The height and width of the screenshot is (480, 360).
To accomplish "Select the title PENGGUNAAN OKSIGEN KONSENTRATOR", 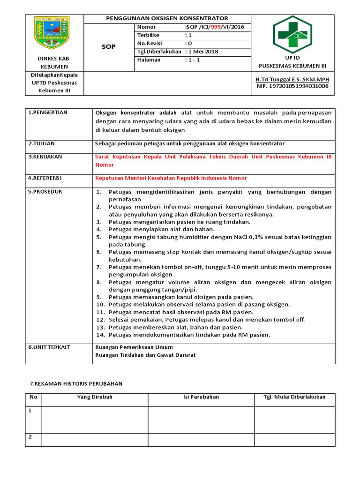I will pyautogui.click(x=167, y=18).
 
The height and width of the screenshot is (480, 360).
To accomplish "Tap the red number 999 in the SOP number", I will pyautogui.click(x=216, y=27).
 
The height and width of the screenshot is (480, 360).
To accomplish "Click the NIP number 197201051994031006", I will pyautogui.click(x=292, y=86).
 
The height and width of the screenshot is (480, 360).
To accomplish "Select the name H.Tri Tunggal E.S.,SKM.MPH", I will pyautogui.click(x=292, y=80).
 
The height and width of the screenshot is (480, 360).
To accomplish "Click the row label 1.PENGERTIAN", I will pyautogui.click(x=48, y=112).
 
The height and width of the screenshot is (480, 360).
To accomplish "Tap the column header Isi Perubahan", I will pyautogui.click(x=201, y=397).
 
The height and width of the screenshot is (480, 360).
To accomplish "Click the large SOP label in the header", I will pyautogui.click(x=109, y=47).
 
